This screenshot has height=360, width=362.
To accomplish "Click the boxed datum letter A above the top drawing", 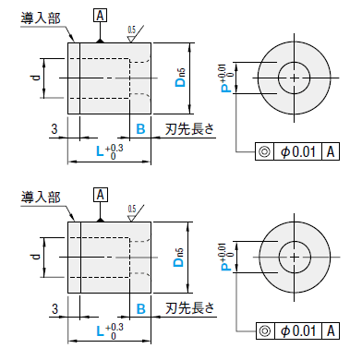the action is coord(100,16).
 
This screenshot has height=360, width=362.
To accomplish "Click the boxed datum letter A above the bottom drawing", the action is coord(101,195).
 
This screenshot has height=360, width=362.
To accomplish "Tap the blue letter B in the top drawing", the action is coord(140,129).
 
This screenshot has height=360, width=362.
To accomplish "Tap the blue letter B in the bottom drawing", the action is coord(140,309).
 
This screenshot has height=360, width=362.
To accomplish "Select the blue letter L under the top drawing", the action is coord(100,151).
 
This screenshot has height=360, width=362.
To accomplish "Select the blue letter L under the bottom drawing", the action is coord(100,331).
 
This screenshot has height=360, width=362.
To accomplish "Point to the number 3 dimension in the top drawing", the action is coord(54,129).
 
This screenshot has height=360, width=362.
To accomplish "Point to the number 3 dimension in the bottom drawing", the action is coord(54,308).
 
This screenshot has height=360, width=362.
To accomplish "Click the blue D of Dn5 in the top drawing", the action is coord(180,82).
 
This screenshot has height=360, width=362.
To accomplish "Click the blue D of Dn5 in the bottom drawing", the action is coord(178,262).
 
